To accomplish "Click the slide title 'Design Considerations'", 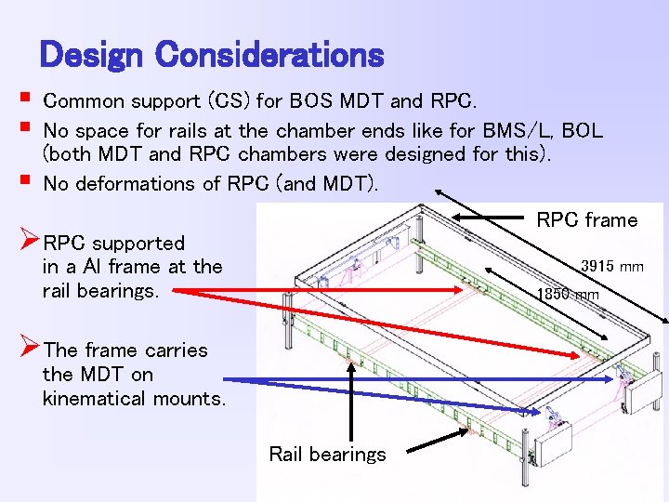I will pyautogui.click(x=212, y=55).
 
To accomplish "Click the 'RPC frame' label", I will pyautogui.click(x=587, y=220).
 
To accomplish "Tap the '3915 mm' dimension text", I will pyautogui.click(x=612, y=267).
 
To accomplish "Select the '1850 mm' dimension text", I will pyautogui.click(x=569, y=296).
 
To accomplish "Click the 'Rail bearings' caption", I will pyautogui.click(x=327, y=455).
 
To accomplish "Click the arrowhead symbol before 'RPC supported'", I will pyautogui.click(x=29, y=243).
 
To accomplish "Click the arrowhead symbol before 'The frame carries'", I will pyautogui.click(x=29, y=350).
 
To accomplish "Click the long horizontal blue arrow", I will pyautogui.click(x=418, y=379).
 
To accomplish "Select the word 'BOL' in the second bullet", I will pyautogui.click(x=583, y=131).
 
